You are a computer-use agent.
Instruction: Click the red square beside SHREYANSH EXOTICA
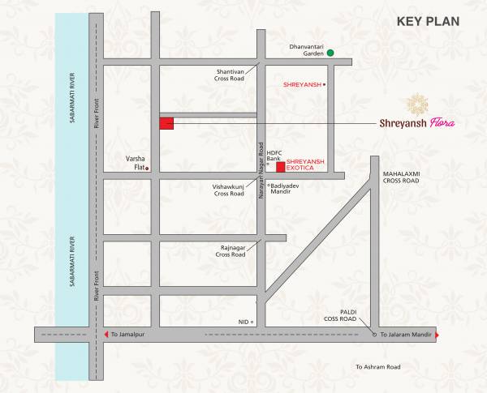pos(280,168)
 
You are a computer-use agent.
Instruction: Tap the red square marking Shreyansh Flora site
pos(166,124)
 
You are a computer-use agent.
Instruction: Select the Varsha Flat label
pos(134,163)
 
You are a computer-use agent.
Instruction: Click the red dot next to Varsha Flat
pos(148,169)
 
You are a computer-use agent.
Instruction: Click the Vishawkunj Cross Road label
pos(229,190)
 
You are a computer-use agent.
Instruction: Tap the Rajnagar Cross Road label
pos(231,251)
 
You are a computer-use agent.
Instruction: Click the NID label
pos(242,322)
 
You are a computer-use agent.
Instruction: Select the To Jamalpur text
pos(130,335)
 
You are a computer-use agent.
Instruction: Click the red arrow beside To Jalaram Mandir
pos(437,335)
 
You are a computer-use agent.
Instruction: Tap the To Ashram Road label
pos(378,367)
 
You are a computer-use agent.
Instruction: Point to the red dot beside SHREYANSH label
pos(325,84)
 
